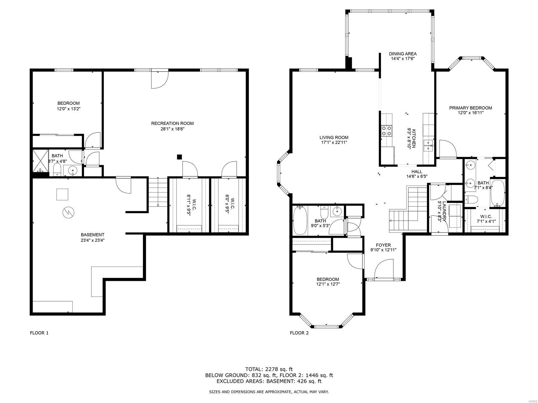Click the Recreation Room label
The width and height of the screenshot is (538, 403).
click(x=172, y=123)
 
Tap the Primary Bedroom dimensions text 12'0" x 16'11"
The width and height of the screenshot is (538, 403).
click(x=470, y=113)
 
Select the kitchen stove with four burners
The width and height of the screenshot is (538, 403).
click(x=386, y=130)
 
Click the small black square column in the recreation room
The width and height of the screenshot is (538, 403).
click(x=180, y=156)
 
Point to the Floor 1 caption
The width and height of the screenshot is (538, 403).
click(x=39, y=333)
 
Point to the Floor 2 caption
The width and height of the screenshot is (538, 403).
click(x=299, y=333)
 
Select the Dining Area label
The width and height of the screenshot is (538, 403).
click(x=402, y=54)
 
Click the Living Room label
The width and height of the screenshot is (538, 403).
click(x=334, y=137)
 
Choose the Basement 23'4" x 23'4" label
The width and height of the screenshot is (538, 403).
click(x=92, y=235)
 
